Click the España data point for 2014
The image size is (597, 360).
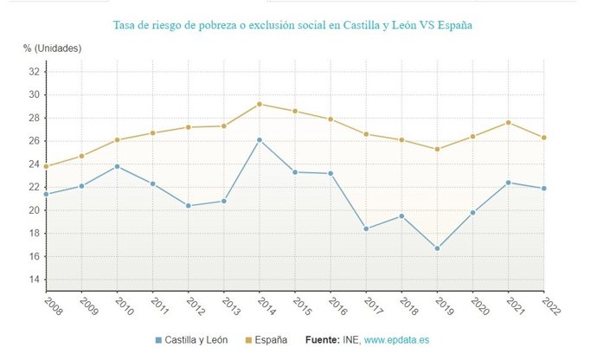pyautogui.click(x=260, y=104)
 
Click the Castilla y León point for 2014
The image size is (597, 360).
pyautogui.click(x=260, y=139)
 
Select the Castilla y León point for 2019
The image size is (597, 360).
pyautogui.click(x=437, y=248)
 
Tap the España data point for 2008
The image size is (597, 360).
pyautogui.click(x=46, y=166)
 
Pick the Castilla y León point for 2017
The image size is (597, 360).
pyautogui.click(x=366, y=228)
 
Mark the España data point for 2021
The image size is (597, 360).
pyautogui.click(x=508, y=122)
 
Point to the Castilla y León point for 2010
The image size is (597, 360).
pyautogui.click(x=117, y=166)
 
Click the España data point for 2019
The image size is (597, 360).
pyautogui.click(x=437, y=149)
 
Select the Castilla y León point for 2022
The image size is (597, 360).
pyautogui.click(x=543, y=189)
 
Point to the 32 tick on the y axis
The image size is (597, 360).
pyautogui.click(x=34, y=71)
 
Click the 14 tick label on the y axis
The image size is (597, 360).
pyautogui.click(x=34, y=280)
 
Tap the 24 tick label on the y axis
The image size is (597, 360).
pyautogui.click(x=34, y=164)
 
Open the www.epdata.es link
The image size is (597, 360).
pyautogui.click(x=399, y=340)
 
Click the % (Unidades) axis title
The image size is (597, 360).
pyautogui.click(x=53, y=48)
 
